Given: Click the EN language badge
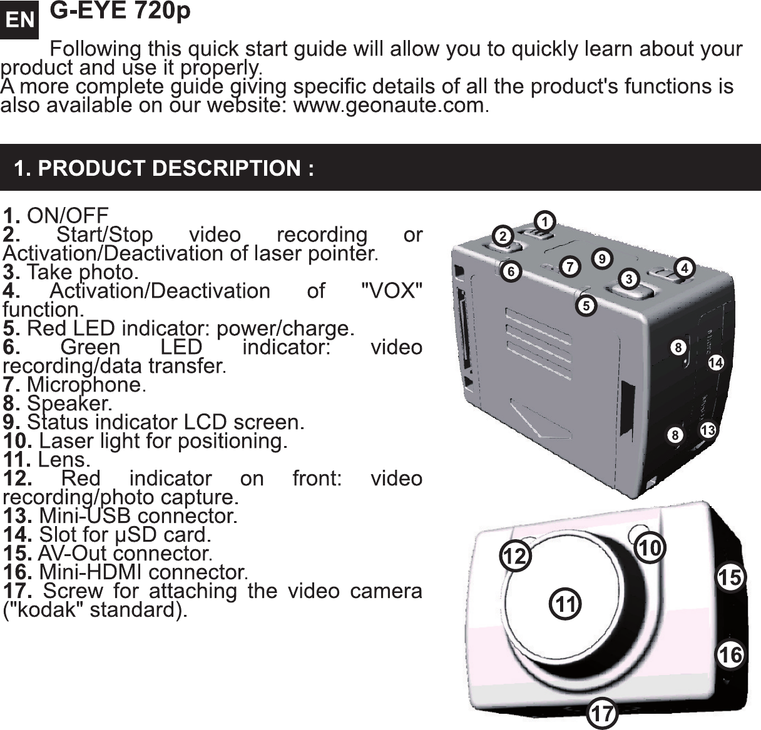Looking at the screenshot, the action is pyautogui.click(x=21, y=19).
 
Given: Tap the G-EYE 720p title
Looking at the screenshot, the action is pyautogui.click(x=120, y=13).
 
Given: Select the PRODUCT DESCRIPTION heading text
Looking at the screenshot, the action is pyautogui.click(x=164, y=168).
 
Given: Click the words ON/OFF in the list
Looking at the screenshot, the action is pyautogui.click(x=68, y=216).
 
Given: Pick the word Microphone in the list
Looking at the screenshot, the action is pyautogui.click(x=84, y=384).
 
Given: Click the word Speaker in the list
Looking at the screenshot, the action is pyautogui.click(x=68, y=403).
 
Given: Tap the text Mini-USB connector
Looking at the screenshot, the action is pyautogui.click(x=137, y=516).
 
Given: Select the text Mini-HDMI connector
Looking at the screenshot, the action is pyautogui.click(x=142, y=572).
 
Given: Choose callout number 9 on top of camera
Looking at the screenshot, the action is pyautogui.click(x=601, y=257).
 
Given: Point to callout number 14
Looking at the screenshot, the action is pyautogui.click(x=716, y=362).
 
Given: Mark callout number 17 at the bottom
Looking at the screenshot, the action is pyautogui.click(x=602, y=712).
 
